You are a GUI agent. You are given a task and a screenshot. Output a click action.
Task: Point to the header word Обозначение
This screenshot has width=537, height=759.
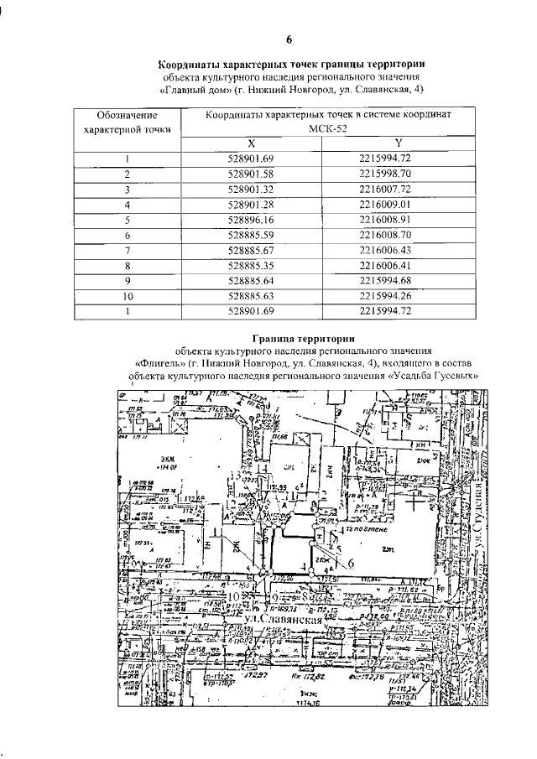pyautogui.click(x=128, y=115)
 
